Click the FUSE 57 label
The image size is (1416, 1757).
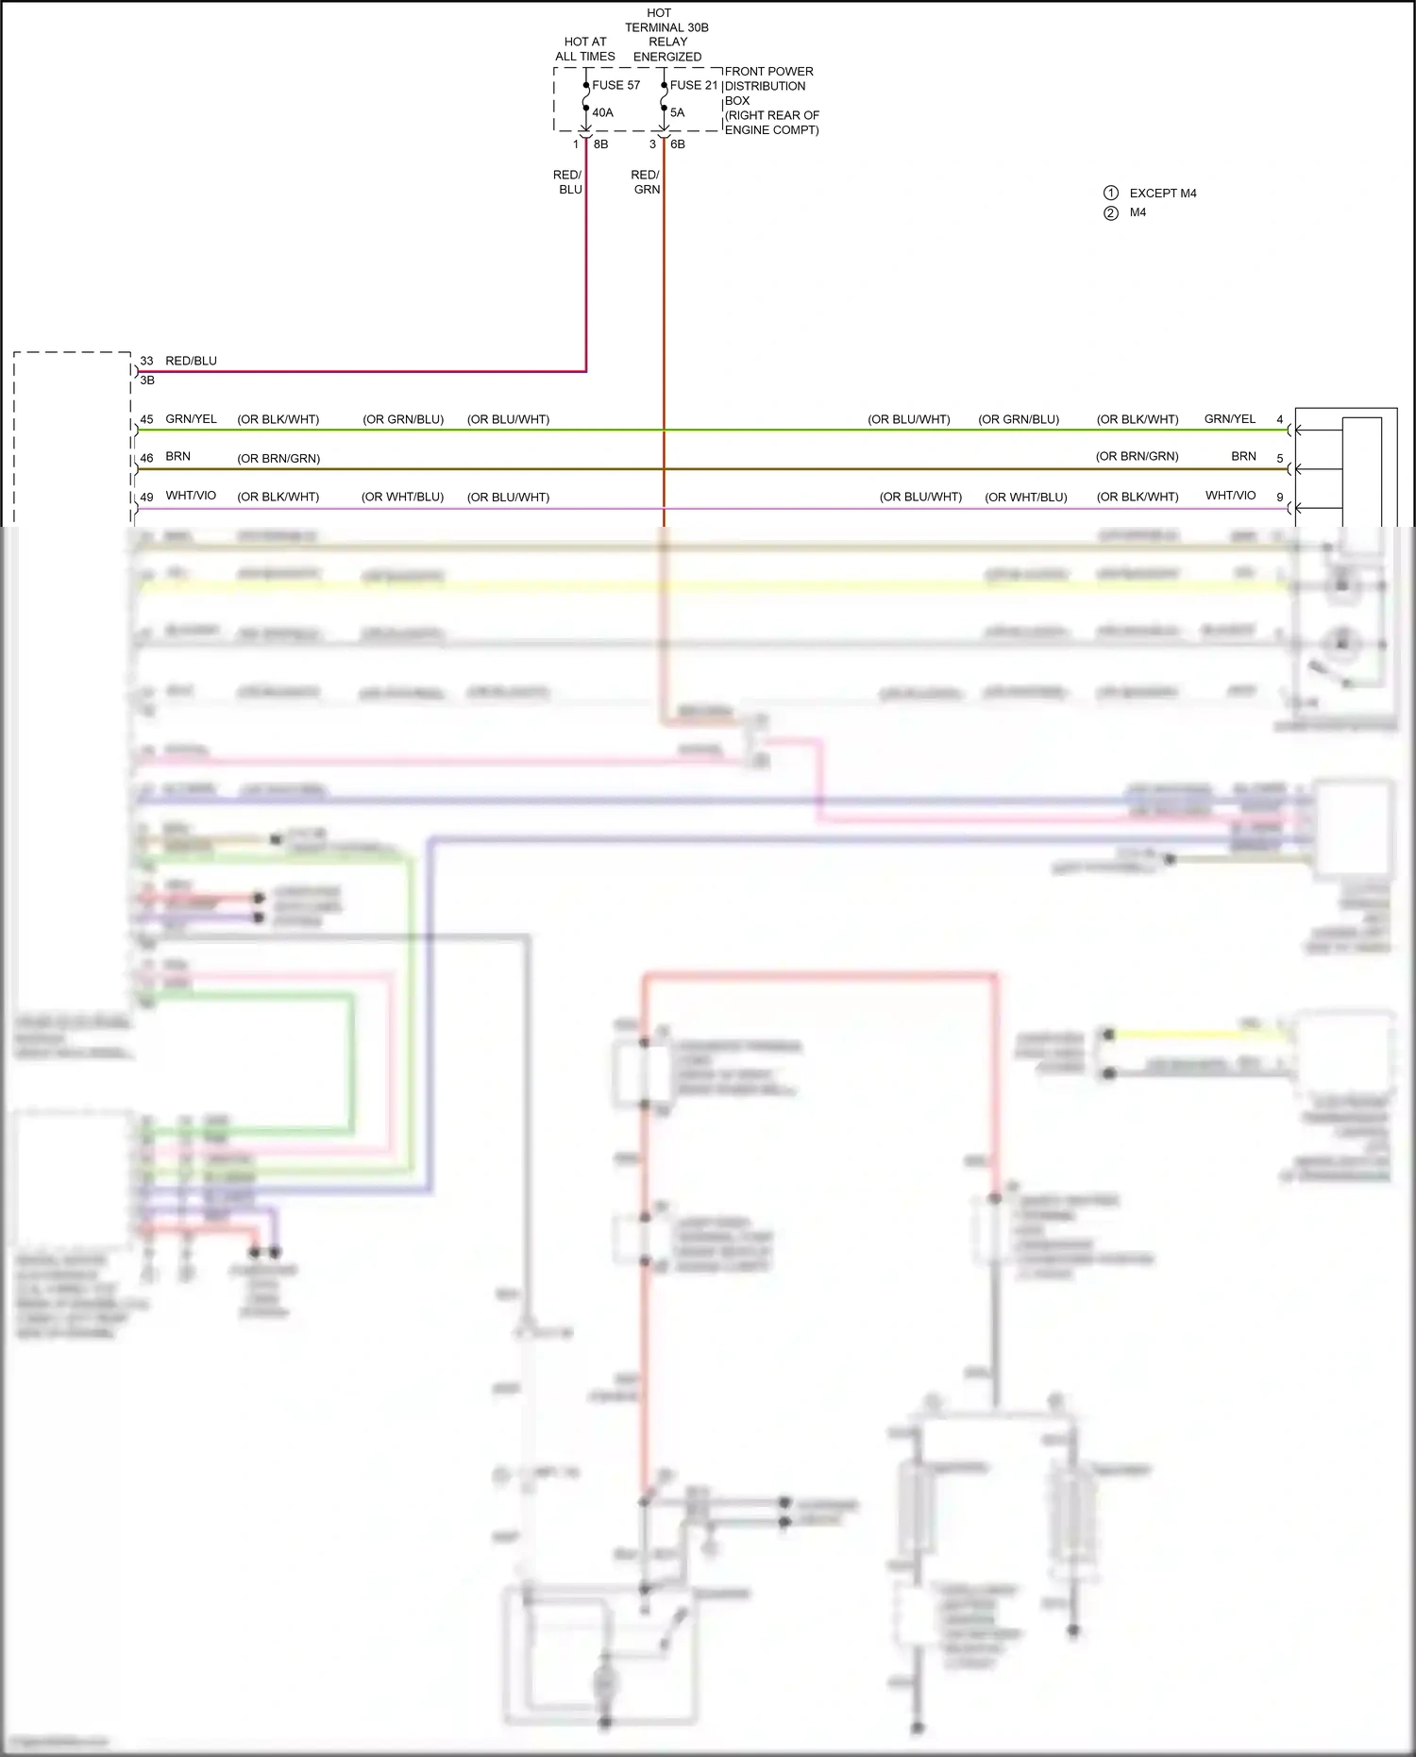pyautogui.click(x=615, y=85)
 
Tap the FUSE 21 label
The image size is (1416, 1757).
pyautogui.click(x=694, y=85)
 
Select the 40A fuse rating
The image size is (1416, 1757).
pyautogui.click(x=602, y=112)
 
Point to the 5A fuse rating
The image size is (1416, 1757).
pyautogui.click(x=677, y=112)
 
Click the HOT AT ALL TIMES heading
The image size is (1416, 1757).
pyautogui.click(x=585, y=49)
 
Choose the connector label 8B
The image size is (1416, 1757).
pyautogui.click(x=600, y=144)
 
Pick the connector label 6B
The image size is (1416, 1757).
pyautogui.click(x=678, y=144)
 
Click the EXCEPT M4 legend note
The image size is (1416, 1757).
pyautogui.click(x=1163, y=194)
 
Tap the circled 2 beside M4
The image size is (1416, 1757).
pyautogui.click(x=1111, y=213)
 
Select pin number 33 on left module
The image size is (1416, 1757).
pyautogui.click(x=146, y=361)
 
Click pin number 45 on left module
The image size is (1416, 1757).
pyautogui.click(x=146, y=419)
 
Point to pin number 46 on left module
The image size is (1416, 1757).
pyautogui.click(x=146, y=458)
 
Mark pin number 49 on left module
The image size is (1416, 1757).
pyautogui.click(x=146, y=497)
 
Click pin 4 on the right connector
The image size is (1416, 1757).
pyautogui.click(x=1280, y=419)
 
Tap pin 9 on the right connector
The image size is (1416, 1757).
pyautogui.click(x=1280, y=497)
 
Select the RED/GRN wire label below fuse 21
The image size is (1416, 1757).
pyautogui.click(x=646, y=182)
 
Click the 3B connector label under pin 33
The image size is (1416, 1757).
pyautogui.click(x=147, y=380)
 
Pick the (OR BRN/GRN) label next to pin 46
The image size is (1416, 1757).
pyautogui.click(x=278, y=459)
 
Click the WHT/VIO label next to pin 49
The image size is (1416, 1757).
pyautogui.click(x=191, y=496)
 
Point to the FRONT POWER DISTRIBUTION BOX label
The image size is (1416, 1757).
pyautogui.click(x=770, y=100)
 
